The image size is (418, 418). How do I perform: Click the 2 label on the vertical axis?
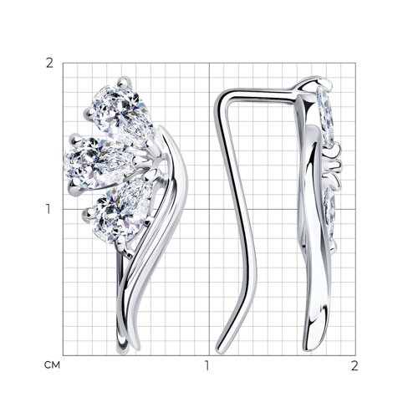click(49, 64)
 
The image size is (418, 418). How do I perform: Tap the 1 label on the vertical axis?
click(48, 209)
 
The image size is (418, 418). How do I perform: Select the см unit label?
click(52, 364)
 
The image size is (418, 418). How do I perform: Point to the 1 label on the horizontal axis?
click(206, 365)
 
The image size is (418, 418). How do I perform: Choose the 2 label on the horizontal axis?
click(354, 365)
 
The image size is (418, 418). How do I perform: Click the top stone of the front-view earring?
click(123, 115)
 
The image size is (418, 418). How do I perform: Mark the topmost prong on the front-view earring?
click(125, 81)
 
